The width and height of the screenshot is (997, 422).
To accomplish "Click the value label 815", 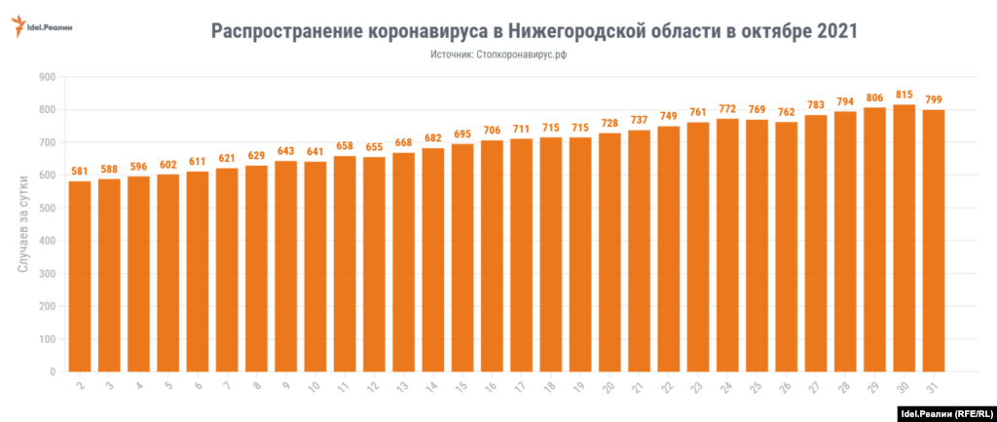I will click(x=904, y=94).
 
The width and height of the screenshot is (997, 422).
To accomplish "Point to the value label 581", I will click(x=80, y=171).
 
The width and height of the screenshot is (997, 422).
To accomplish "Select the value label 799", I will click(x=933, y=99).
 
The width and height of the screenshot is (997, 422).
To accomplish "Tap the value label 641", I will click(x=315, y=151).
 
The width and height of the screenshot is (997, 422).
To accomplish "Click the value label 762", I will click(x=786, y=111).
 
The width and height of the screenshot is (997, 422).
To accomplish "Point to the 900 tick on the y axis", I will click(x=45, y=77).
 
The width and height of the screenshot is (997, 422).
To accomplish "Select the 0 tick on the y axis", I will click(x=54, y=371).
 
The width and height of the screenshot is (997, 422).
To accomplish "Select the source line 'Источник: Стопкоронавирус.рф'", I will click(x=498, y=57).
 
